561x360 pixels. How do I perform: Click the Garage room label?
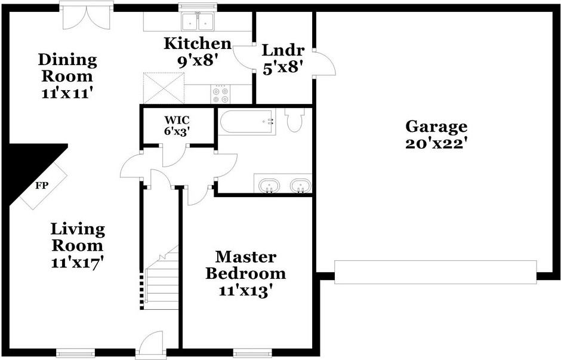pos(436,127)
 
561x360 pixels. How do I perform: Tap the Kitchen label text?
pos(198,44)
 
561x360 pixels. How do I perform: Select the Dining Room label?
pos(67,67)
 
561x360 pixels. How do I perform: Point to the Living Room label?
pos(78,237)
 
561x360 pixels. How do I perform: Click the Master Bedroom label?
pos(245,265)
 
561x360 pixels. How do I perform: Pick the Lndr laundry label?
pos(283,51)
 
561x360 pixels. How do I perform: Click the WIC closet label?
pos(177,119)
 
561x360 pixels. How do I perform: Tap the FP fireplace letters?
pos(42,185)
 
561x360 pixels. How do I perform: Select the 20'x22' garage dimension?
pos(436,143)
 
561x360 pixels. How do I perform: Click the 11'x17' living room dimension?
pos(78,263)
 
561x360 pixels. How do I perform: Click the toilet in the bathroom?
pos(295,120)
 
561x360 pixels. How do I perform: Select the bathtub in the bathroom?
pos(247,122)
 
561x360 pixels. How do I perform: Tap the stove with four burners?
pos(220,94)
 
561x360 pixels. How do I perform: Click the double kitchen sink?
pos(197,21)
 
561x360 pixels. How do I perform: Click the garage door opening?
pos(436,272)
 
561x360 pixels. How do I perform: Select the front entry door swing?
pos(150,344)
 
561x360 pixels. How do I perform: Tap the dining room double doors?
pos(86,18)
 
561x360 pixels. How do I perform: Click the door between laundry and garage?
pos(325,63)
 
